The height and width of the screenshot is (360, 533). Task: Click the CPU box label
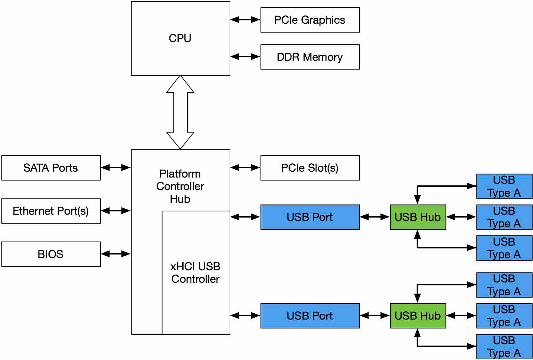pos(180,38)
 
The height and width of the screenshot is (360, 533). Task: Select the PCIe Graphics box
pos(310,20)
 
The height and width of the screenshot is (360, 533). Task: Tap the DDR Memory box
pos(310,57)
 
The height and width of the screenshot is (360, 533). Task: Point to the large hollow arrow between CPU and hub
pos(180,112)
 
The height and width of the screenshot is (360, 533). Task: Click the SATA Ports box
pos(51,168)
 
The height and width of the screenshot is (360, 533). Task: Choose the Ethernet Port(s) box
pos(51,211)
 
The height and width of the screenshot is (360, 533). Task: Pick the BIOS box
pos(51,254)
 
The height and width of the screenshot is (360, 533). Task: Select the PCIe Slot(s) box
pos(310,168)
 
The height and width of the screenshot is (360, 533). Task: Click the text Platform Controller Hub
pos(180,186)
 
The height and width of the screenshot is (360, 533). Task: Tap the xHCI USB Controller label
pos(195,273)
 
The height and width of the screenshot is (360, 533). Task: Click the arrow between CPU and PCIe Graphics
pos(245,19)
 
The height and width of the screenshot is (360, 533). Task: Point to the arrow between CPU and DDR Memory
pos(245,57)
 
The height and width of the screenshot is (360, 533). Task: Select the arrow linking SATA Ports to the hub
pos(115,168)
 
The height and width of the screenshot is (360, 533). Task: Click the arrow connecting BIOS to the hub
pos(115,254)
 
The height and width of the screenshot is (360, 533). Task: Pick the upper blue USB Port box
pos(310,217)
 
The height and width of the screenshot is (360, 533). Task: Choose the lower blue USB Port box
pos(310,316)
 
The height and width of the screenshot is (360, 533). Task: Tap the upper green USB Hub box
pos(418,217)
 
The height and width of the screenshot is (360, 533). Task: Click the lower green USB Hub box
pos(418,316)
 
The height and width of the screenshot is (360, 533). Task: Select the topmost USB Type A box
pos(504,186)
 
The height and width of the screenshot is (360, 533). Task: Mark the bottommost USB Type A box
pos(504,347)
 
